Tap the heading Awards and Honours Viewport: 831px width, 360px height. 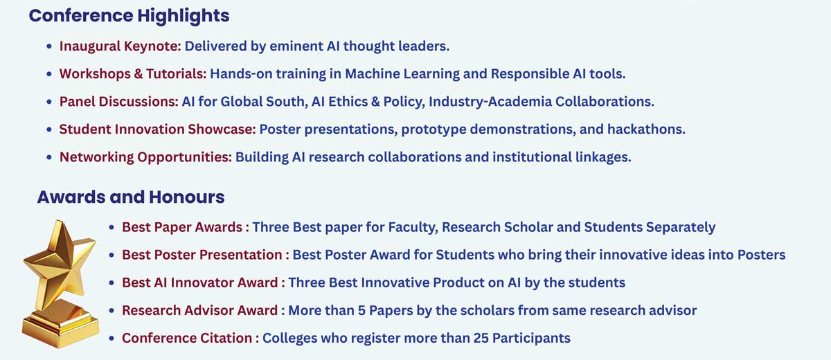[x=131, y=197]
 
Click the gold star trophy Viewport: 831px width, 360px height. [x=60, y=284]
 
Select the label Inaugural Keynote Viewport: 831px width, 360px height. [x=120, y=46]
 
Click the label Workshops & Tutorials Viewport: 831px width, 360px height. [x=133, y=74]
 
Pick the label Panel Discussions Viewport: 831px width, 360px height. [x=119, y=102]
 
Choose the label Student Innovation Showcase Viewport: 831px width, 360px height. [x=158, y=129]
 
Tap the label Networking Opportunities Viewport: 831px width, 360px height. [x=146, y=157]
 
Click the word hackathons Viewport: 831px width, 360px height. [x=646, y=129]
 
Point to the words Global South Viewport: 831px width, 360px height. [x=264, y=102]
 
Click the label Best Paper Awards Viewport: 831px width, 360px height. [x=182, y=227]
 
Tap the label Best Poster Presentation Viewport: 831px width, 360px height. [x=202, y=255]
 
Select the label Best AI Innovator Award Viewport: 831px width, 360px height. [x=200, y=283]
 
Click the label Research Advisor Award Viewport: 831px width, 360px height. [x=200, y=311]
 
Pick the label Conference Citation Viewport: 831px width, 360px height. [x=187, y=338]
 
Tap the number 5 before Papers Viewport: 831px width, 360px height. [x=361, y=311]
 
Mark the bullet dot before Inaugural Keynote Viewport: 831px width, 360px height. [x=49, y=46]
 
